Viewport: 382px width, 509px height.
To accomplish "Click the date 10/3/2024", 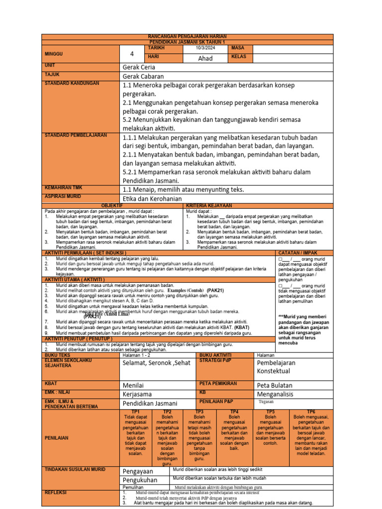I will point(205,48).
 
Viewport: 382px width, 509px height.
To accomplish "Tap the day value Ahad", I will point(205,58).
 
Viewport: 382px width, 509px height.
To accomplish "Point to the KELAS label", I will point(239,57).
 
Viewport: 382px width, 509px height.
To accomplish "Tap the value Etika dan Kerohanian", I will point(152,198).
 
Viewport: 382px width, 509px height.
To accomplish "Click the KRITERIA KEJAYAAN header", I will point(209,205).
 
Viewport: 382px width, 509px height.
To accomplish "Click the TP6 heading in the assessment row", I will point(311,412).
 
